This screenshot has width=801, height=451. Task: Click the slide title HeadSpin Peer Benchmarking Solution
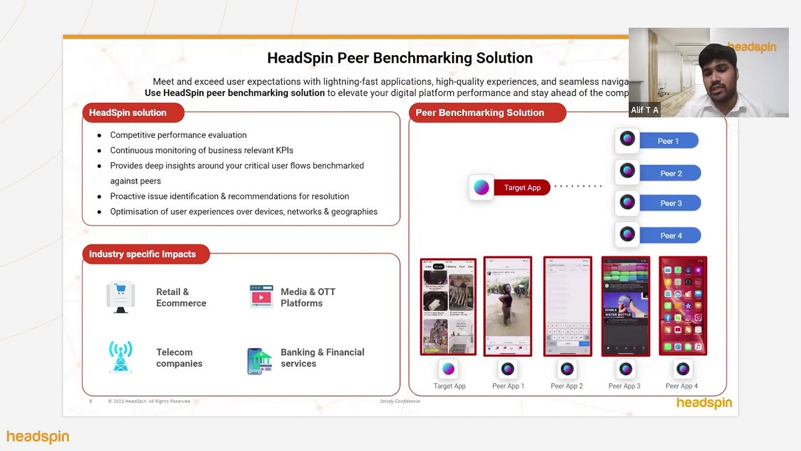[400, 58]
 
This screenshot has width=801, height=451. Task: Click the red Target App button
[522, 187]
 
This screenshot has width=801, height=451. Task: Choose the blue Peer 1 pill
[668, 141]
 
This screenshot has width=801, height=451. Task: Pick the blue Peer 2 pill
[670, 174]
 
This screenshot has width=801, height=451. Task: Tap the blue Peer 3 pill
[670, 203]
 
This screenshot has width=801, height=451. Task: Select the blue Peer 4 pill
[670, 236]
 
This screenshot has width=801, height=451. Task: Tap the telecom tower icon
[121, 357]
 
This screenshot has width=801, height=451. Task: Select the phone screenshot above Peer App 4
[683, 306]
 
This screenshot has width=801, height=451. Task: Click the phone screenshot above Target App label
[448, 306]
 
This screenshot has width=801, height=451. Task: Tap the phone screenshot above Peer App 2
[567, 306]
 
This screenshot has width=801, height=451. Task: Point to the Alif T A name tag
[645, 110]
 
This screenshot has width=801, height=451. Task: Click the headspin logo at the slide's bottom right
[704, 403]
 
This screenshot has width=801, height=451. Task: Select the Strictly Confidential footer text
[400, 401]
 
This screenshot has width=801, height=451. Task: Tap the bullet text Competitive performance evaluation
[178, 135]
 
